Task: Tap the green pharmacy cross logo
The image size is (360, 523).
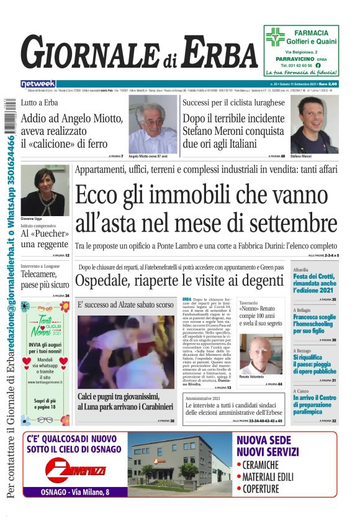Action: [276, 37]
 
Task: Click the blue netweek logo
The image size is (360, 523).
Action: [38, 83]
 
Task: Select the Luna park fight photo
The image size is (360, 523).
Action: [125, 352]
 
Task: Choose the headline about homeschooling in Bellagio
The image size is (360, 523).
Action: [314, 324]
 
